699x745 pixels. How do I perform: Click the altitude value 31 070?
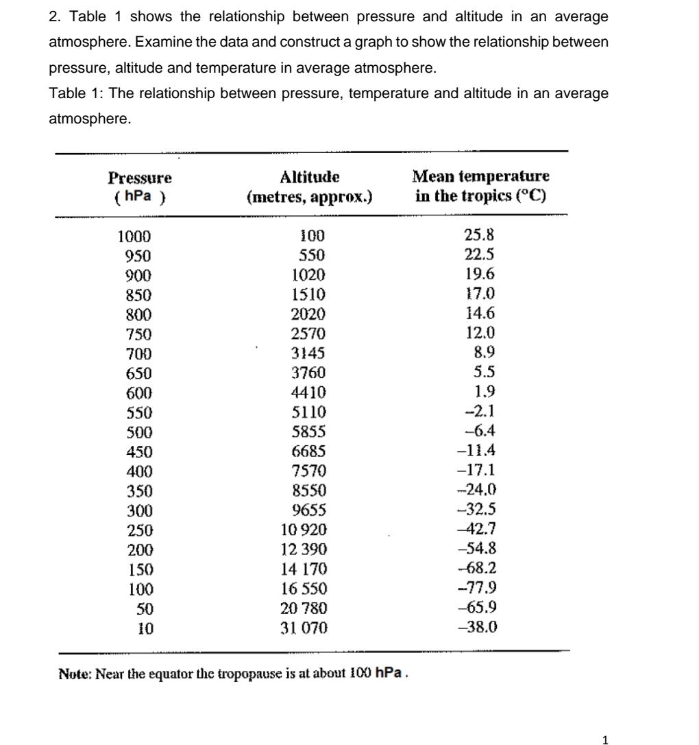tap(305, 626)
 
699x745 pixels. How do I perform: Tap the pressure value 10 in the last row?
tap(143, 626)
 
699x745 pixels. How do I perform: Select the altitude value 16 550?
tap(305, 588)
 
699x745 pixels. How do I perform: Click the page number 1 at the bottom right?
tap(604, 739)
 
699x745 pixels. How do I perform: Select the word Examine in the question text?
tap(160, 43)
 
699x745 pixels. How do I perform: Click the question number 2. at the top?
tap(56, 16)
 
